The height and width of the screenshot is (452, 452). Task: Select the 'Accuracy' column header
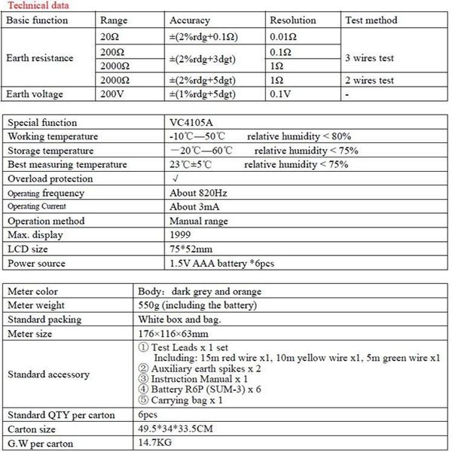(x=190, y=20)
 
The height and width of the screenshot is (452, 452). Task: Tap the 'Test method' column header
(x=370, y=20)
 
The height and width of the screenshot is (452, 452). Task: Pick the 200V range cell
(x=111, y=94)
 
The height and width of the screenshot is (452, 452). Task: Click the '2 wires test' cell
(x=369, y=80)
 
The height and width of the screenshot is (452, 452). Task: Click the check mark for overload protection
(x=175, y=179)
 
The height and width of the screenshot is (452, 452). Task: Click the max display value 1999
(x=182, y=236)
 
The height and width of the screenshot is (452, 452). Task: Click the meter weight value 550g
(x=215, y=305)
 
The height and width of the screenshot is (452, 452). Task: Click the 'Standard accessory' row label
(x=47, y=374)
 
